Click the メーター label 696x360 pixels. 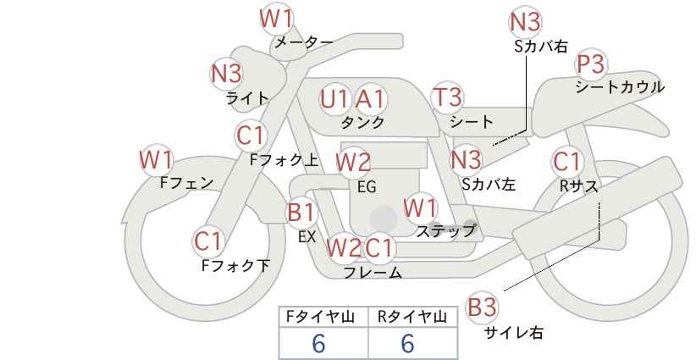pos(303,42)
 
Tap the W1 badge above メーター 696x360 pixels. pos(276,17)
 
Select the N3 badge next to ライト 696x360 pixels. pos(226,74)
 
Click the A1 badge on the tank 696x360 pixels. pos(370,99)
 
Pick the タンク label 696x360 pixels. pos(362,123)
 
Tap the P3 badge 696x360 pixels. pos(590,64)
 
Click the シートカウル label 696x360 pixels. pos(619,87)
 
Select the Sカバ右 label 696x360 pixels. pos(540,47)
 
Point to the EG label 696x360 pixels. pos(367,186)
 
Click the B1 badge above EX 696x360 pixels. pos(301,212)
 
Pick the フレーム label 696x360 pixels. pos(373,273)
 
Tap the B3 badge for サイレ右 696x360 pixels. pos(483,307)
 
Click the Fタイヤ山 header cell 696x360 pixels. pos(323,317)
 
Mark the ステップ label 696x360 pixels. pos(445,230)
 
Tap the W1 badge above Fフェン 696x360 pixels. pos(157,158)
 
